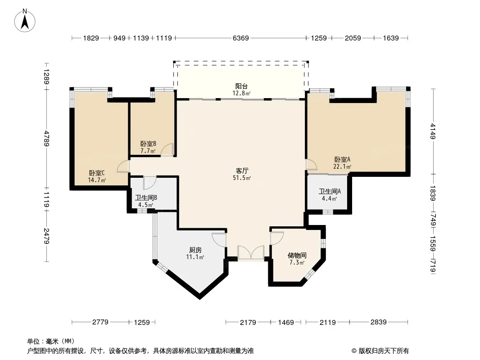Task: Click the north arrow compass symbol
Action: tap(25, 20)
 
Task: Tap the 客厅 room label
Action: tap(242, 171)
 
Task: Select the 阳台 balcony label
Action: tap(241, 86)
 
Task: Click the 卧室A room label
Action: tap(342, 159)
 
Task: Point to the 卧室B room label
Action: tap(149, 144)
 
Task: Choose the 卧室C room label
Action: tap(97, 173)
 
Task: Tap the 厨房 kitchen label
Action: tap(195, 250)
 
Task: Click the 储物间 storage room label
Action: tap(297, 255)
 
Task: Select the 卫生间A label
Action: tap(330, 191)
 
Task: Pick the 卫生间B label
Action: tap(146, 198)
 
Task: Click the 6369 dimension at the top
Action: tap(240, 38)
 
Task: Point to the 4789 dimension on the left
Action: tap(46, 138)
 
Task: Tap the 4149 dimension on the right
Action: tap(433, 131)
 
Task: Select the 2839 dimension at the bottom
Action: tap(378, 322)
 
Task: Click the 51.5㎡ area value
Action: tap(242, 178)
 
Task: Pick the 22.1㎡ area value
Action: tap(342, 166)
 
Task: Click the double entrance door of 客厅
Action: tap(251, 252)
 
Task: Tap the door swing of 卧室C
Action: tap(123, 166)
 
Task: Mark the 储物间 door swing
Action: tap(277, 238)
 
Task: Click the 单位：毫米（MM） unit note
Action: tap(51, 341)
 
